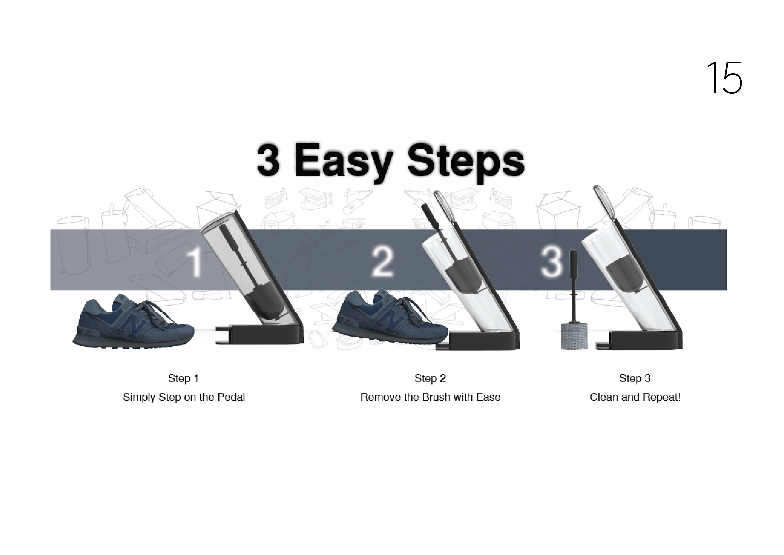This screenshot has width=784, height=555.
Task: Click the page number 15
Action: coord(724,78)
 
